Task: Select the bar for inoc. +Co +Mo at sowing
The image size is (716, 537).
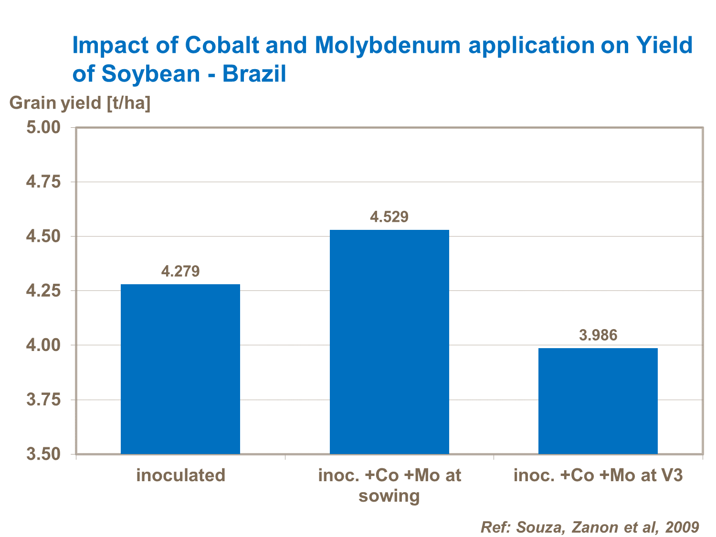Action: click(x=390, y=341)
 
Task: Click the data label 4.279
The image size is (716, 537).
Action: click(x=180, y=271)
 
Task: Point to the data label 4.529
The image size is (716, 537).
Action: click(x=390, y=217)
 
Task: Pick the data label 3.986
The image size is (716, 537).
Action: click(x=598, y=335)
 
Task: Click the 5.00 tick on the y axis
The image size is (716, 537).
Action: click(x=43, y=127)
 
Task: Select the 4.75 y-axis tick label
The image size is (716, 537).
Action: click(x=43, y=182)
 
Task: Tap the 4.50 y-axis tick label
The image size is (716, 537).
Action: click(x=43, y=236)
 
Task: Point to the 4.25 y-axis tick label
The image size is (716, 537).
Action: click(x=43, y=290)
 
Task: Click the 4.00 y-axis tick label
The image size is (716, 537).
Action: click(x=43, y=345)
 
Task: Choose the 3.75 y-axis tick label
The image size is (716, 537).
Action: click(x=43, y=399)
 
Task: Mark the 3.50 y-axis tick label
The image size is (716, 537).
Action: click(x=43, y=454)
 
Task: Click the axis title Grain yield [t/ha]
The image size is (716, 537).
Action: click(x=80, y=103)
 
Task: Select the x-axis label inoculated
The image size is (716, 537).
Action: click(x=180, y=475)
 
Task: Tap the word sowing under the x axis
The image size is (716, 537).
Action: click(x=389, y=496)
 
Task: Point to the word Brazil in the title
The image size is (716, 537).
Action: click(x=254, y=74)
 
